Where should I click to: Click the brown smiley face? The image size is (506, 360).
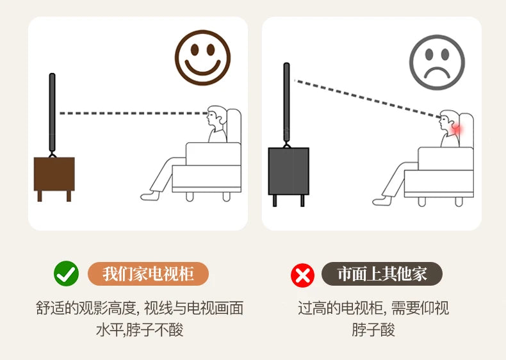click(202, 58)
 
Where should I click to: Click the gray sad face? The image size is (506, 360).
click(437, 62)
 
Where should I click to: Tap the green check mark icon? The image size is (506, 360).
click(66, 274)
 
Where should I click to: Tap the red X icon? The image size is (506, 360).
click(302, 275)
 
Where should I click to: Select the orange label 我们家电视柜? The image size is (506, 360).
click(148, 274)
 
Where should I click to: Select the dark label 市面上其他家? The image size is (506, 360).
click(382, 274)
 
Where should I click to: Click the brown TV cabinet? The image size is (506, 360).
click(54, 179)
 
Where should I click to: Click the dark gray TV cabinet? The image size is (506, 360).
click(288, 176)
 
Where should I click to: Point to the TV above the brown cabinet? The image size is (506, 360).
click(52, 113)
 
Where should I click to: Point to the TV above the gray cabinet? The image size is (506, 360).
click(286, 102)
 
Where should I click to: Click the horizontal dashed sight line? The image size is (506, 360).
click(133, 113)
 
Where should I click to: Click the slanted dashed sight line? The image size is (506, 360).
click(367, 98)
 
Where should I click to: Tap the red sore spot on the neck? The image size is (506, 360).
click(457, 129)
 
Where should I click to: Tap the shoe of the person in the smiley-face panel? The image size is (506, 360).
click(150, 195)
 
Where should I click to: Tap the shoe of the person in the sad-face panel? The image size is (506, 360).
click(382, 201)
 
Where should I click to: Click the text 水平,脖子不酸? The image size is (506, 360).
click(140, 330)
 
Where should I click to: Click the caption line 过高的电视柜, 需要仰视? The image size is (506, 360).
click(373, 308)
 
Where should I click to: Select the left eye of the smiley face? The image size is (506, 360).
click(195, 50)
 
